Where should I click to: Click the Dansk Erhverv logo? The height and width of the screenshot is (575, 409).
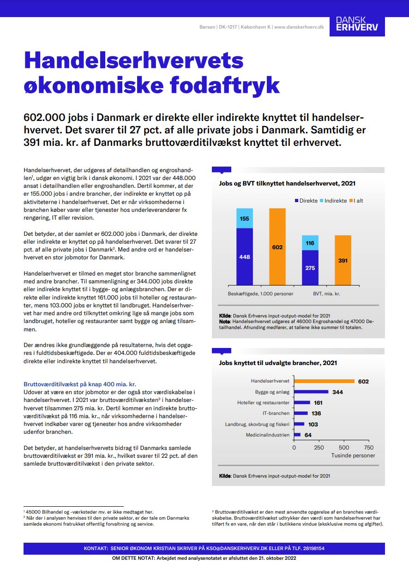click(x=357, y=24)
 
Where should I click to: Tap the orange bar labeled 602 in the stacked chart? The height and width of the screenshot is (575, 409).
click(x=277, y=246)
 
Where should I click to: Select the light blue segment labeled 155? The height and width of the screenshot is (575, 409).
click(x=245, y=218)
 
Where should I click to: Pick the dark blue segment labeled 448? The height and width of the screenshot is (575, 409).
click(x=245, y=257)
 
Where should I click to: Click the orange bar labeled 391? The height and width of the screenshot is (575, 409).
click(x=343, y=260)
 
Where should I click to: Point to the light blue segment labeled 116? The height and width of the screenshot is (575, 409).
click(x=310, y=243)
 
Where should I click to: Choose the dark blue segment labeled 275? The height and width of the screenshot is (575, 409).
click(x=310, y=268)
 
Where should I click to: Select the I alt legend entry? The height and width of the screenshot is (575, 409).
click(x=356, y=201)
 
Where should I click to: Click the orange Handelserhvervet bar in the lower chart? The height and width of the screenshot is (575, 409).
click(x=325, y=381)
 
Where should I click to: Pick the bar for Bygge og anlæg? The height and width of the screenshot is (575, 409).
click(x=312, y=392)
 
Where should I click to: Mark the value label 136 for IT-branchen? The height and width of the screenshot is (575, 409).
click(x=316, y=413)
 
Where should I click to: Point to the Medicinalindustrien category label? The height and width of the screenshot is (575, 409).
click(x=267, y=435)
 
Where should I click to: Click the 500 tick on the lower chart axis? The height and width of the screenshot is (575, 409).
click(x=344, y=447)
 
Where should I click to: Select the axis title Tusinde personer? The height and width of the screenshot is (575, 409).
click(x=353, y=455)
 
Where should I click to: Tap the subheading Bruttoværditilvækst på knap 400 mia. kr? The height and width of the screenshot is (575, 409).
click(x=79, y=384)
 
